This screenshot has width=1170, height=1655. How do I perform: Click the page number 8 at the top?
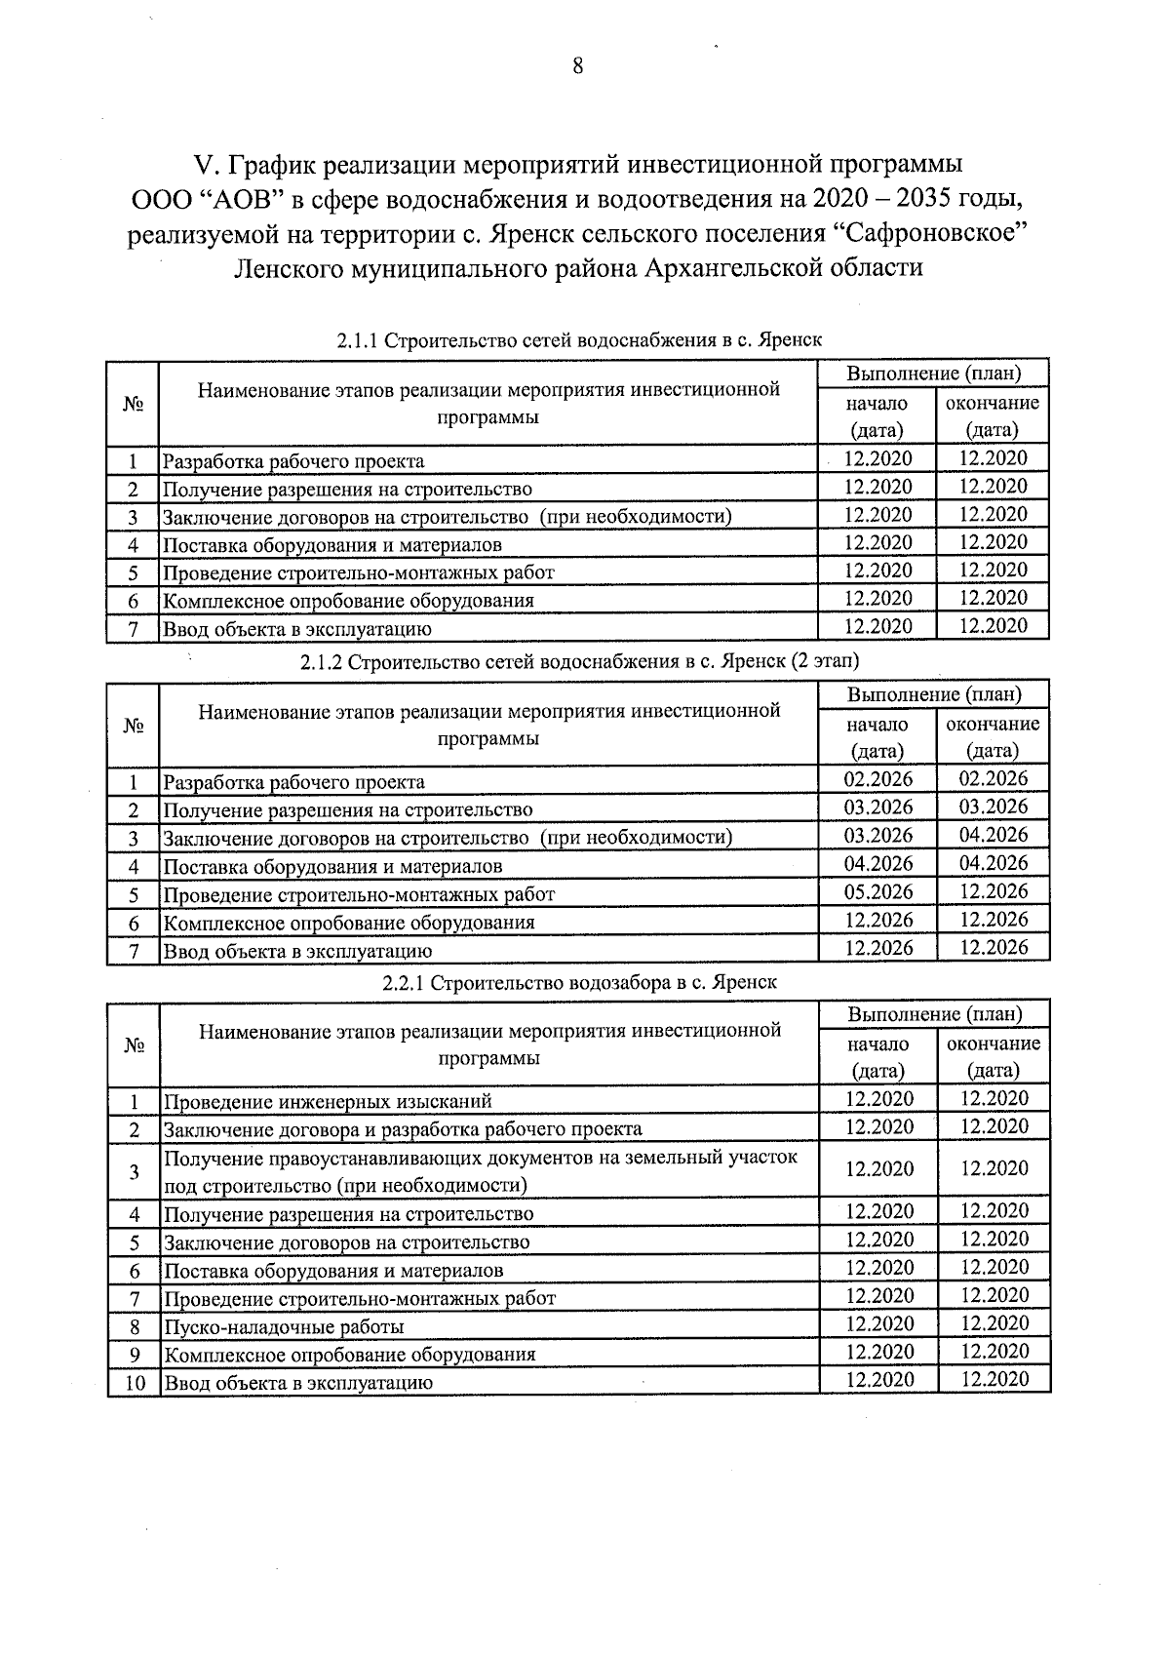click(577, 66)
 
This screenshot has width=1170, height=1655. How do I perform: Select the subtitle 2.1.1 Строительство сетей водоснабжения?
click(579, 340)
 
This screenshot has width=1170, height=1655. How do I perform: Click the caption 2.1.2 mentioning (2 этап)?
click(579, 661)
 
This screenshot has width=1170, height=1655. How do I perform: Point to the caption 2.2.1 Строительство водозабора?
click(579, 982)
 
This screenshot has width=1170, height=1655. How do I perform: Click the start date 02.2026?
click(877, 779)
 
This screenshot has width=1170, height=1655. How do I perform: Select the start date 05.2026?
click(877, 891)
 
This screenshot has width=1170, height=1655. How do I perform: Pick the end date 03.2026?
click(993, 807)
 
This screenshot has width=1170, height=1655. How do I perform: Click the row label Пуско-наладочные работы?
click(284, 1326)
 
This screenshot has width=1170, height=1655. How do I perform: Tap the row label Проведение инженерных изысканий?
click(328, 1101)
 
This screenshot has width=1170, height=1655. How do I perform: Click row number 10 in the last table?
click(135, 1382)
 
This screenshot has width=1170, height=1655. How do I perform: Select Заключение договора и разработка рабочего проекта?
click(403, 1129)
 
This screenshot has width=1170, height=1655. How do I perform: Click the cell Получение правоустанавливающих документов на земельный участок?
click(480, 1159)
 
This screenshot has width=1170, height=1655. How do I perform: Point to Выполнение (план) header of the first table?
click(933, 374)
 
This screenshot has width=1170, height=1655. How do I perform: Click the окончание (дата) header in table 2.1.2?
click(993, 737)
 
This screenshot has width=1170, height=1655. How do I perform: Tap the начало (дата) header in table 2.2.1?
click(877, 1057)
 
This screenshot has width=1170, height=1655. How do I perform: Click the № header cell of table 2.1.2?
click(134, 726)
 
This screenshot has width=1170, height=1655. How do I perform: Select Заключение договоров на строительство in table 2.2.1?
click(346, 1242)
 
